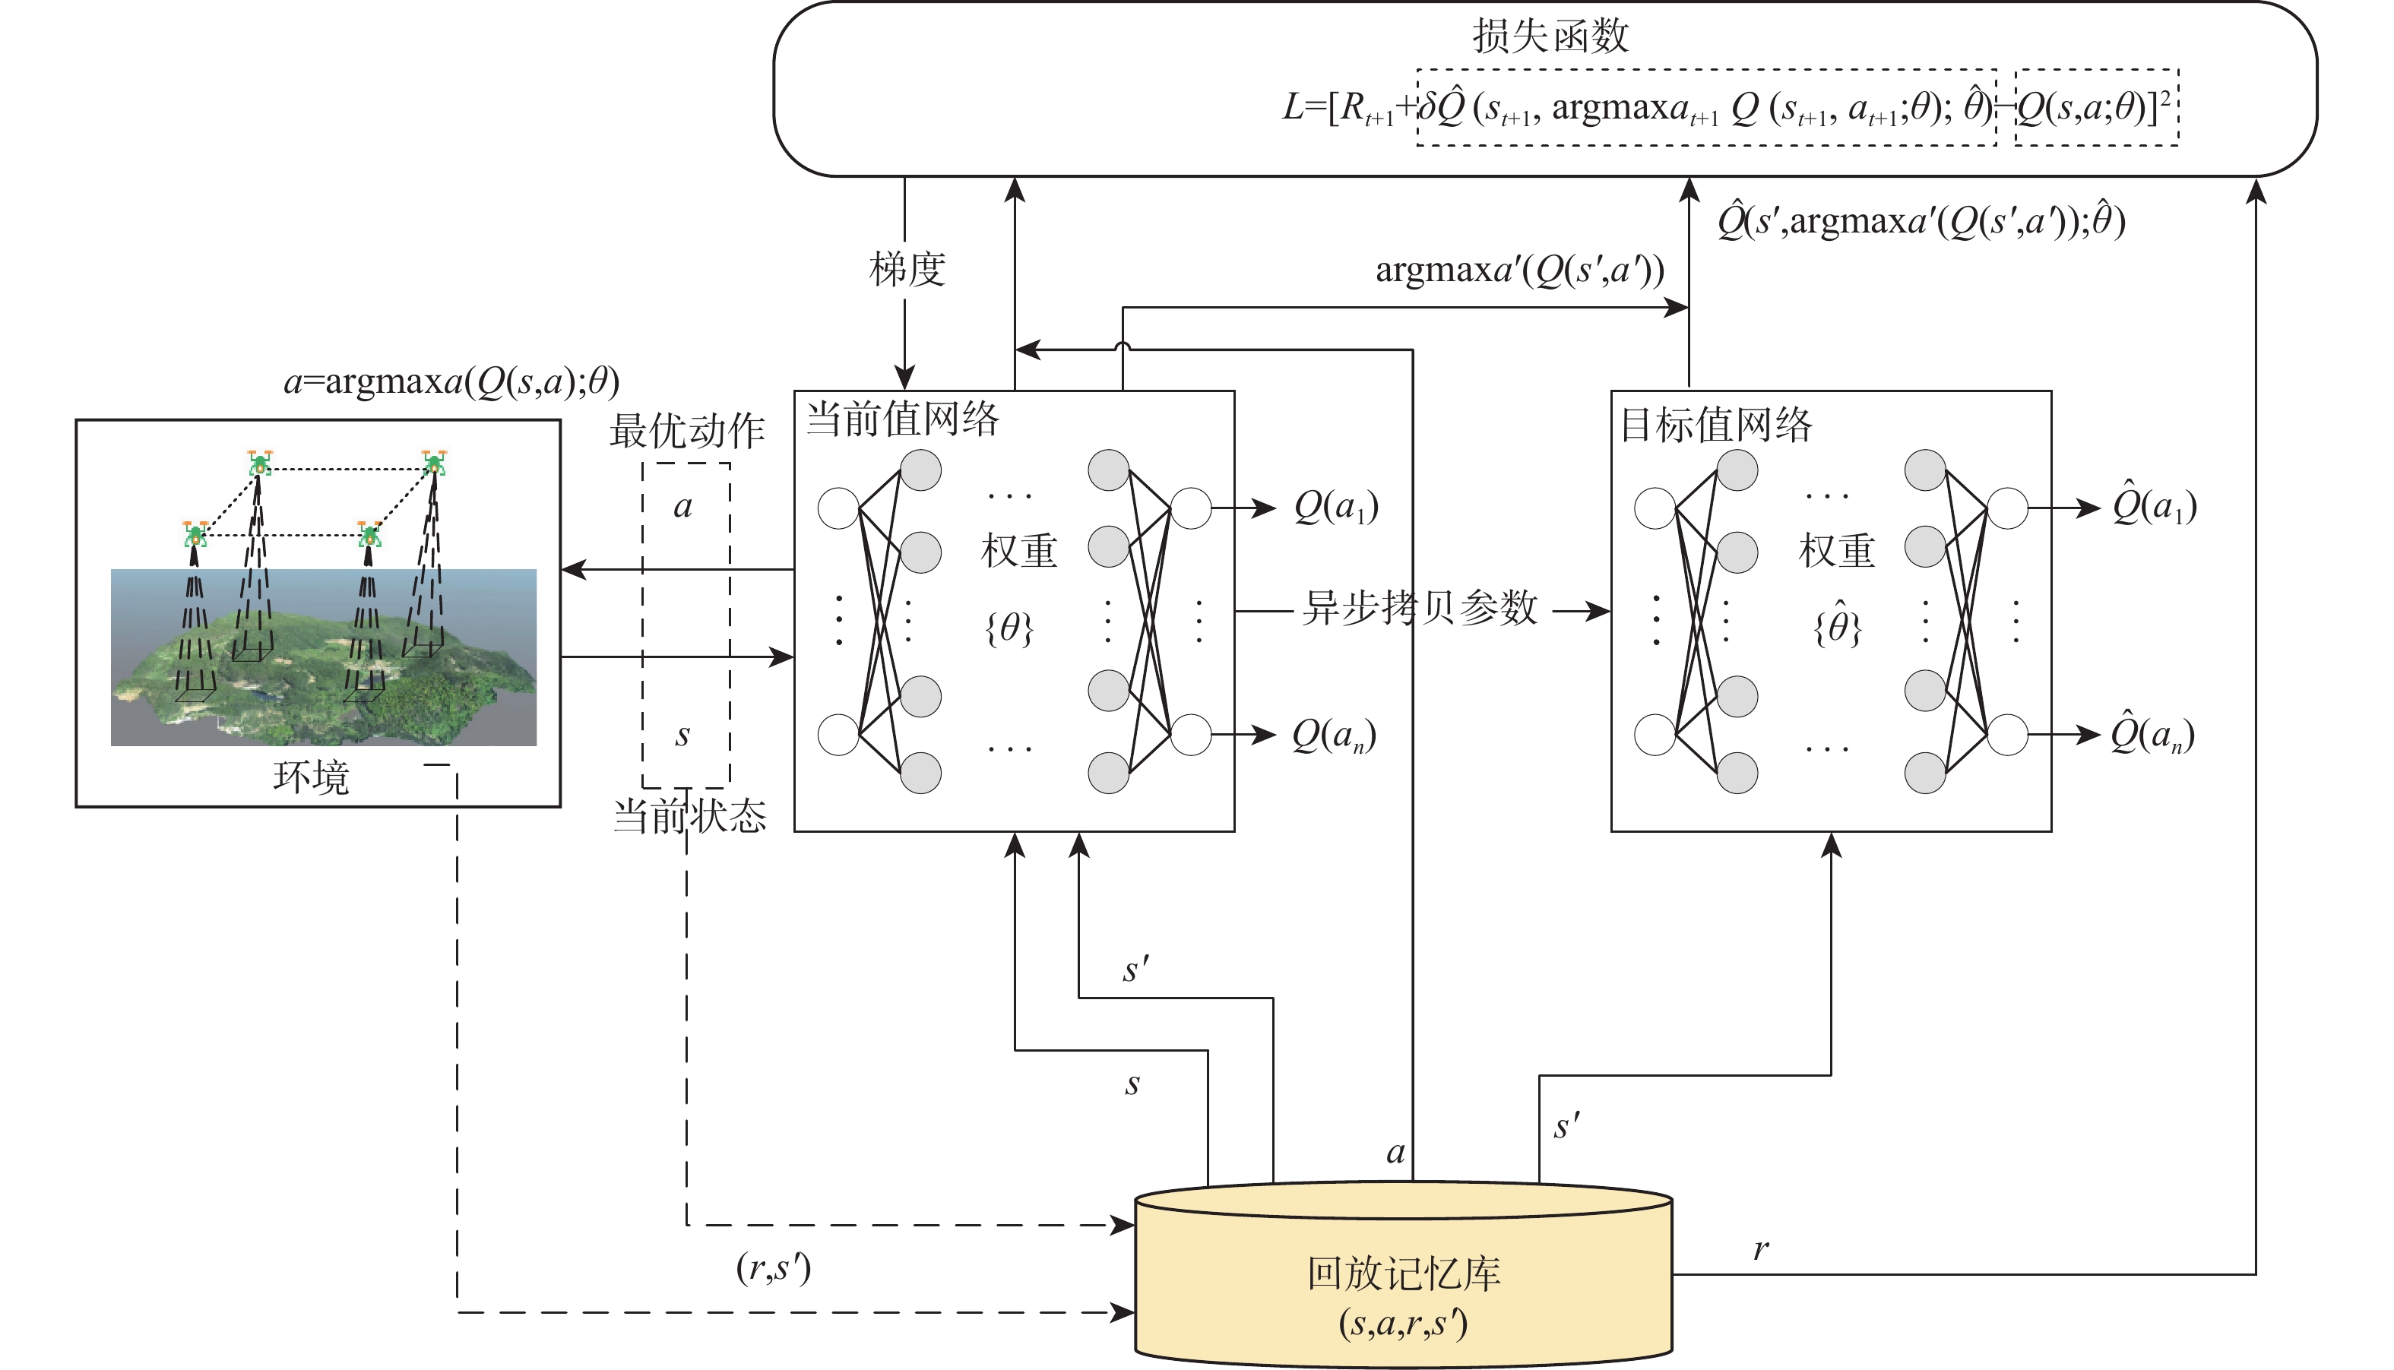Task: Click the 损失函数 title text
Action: pyautogui.click(x=1550, y=36)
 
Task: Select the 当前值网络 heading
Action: pyautogui.click(x=902, y=419)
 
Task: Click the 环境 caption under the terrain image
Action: pyautogui.click(x=311, y=777)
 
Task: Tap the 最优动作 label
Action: pyautogui.click(x=687, y=431)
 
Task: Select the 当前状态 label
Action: pyautogui.click(x=690, y=815)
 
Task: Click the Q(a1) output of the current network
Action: pyautogui.click(x=1336, y=507)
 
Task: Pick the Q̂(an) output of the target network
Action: pyautogui.click(x=2153, y=735)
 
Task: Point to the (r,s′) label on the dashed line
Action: pyautogui.click(x=774, y=1268)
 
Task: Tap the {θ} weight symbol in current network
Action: pyautogui.click(x=1009, y=628)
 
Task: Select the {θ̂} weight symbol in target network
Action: pyautogui.click(x=1837, y=625)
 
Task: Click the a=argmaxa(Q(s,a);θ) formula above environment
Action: pyautogui.click(x=451, y=381)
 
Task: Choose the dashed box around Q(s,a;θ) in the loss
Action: pyautogui.click(x=2097, y=107)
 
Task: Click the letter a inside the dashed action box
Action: pyautogui.click(x=683, y=507)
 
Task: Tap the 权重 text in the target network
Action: pyautogui.click(x=1837, y=550)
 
